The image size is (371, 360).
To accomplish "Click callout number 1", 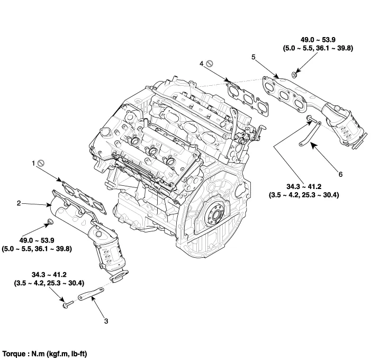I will click(33, 164).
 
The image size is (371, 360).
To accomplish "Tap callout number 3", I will click(106, 321).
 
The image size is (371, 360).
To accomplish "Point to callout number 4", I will click(202, 64).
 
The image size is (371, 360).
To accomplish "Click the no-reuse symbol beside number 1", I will click(40, 164).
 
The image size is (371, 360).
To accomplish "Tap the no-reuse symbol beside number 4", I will click(209, 64).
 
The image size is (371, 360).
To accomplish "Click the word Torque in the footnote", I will click(15, 352).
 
